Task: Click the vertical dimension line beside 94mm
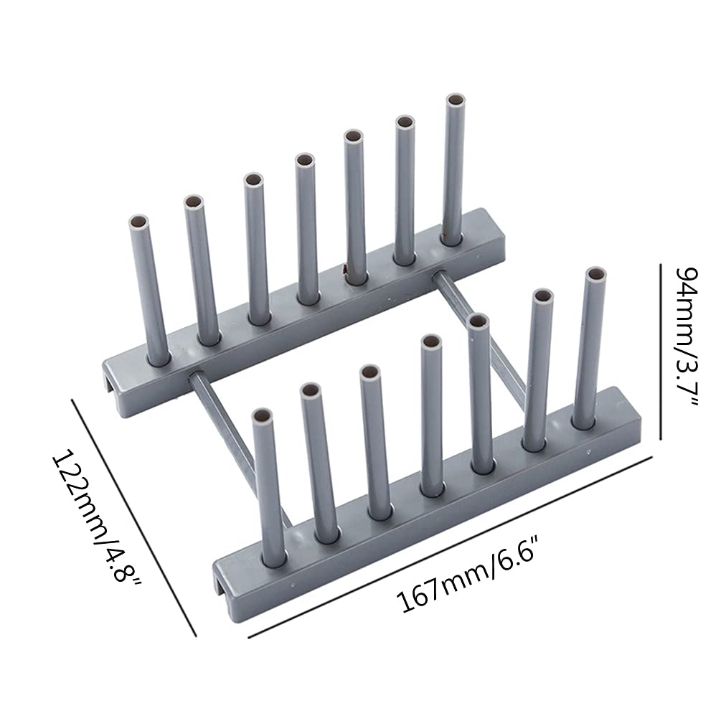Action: point(661,352)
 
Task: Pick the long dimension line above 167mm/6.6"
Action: point(450,547)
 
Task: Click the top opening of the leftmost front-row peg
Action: point(263,417)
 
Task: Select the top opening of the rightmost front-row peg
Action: point(596,275)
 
